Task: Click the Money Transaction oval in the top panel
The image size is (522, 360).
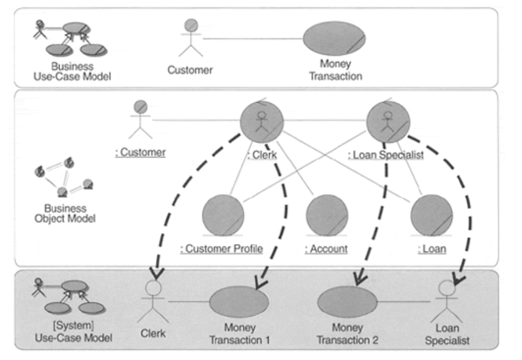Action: pos(334,38)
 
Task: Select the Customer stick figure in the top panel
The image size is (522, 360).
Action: pos(190,38)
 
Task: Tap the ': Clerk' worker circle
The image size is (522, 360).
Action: pos(262,121)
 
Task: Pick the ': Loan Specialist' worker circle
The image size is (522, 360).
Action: pos(388,121)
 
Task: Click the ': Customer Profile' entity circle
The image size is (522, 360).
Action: pos(223,215)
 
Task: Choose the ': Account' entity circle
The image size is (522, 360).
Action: pos(327,215)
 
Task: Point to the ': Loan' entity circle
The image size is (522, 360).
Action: pos(432,215)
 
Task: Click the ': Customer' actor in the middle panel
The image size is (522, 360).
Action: pos(140,119)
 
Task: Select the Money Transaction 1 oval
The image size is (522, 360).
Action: pos(239,302)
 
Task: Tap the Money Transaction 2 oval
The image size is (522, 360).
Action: pos(347,302)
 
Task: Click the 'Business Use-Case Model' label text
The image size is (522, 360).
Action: pos(72,71)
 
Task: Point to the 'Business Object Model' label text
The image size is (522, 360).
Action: pos(65,213)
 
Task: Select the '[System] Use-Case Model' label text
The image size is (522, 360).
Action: pos(73,331)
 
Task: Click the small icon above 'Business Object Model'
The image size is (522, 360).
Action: pos(64,177)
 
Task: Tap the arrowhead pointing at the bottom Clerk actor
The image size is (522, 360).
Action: pos(156,273)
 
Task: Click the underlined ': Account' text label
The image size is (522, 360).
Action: pos(326,249)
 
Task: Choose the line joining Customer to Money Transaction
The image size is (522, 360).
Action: pos(253,39)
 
